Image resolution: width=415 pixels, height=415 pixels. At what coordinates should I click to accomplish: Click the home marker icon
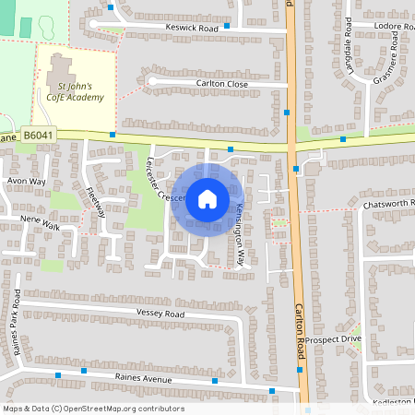click(x=207, y=198)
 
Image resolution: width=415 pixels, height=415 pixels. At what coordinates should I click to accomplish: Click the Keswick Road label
click(x=192, y=29)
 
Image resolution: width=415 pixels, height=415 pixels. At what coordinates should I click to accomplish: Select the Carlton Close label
click(x=222, y=83)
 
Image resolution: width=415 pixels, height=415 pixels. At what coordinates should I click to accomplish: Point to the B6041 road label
click(x=40, y=136)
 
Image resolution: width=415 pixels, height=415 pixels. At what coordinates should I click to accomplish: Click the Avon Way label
click(x=26, y=182)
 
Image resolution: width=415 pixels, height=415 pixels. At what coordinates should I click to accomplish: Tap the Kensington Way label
click(x=240, y=234)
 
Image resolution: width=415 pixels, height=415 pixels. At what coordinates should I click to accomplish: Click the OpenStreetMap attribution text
click(x=92, y=409)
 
